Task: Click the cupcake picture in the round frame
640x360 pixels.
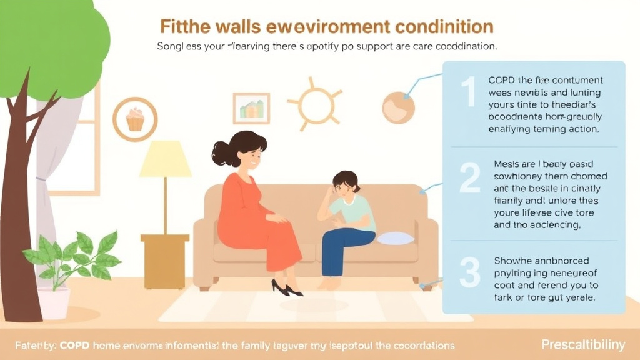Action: pyautogui.click(x=135, y=119)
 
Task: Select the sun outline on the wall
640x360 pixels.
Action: pyautogui.click(x=314, y=104)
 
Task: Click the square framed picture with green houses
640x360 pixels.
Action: pyautogui.click(x=251, y=109)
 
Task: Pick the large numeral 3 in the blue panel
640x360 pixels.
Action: pyautogui.click(x=469, y=272)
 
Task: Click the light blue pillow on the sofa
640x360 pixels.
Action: pyautogui.click(x=395, y=238)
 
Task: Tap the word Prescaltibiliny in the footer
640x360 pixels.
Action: pyautogui.click(x=582, y=345)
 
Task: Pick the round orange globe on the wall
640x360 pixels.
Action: pyautogui.click(x=398, y=107)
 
